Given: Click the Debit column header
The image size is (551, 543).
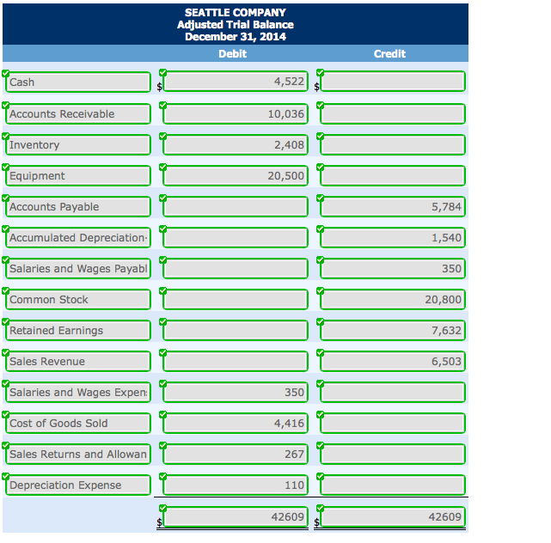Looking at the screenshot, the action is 232,53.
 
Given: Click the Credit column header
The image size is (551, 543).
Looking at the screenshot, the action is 389,53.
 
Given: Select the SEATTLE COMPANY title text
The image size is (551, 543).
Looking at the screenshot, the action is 235,13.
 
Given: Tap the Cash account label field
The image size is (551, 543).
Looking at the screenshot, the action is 78,82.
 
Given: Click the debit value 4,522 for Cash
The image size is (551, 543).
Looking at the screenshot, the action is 236,82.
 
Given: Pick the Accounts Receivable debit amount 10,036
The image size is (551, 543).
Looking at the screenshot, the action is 236,113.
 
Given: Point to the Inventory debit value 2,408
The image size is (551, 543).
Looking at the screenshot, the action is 236,144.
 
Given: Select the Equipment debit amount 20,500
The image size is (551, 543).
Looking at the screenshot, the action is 236,175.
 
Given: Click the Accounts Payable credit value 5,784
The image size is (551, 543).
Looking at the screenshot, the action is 394,206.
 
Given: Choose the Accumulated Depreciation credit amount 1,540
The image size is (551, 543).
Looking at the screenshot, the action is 394,237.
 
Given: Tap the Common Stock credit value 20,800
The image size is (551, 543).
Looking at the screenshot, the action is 394,299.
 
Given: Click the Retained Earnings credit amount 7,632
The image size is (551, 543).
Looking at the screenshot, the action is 394,330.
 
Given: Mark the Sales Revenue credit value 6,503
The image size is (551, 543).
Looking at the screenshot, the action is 394,361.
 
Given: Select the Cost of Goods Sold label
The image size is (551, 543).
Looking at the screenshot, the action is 78,423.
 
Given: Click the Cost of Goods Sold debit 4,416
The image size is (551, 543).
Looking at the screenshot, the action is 236,423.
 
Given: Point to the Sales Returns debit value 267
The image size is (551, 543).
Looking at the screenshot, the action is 236,454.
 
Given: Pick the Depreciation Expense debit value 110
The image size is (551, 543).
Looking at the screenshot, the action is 236,485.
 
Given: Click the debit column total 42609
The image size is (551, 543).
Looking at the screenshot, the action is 236,516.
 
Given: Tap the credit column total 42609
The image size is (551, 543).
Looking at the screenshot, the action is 394,516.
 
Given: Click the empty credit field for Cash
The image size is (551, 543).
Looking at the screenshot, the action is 394,82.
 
